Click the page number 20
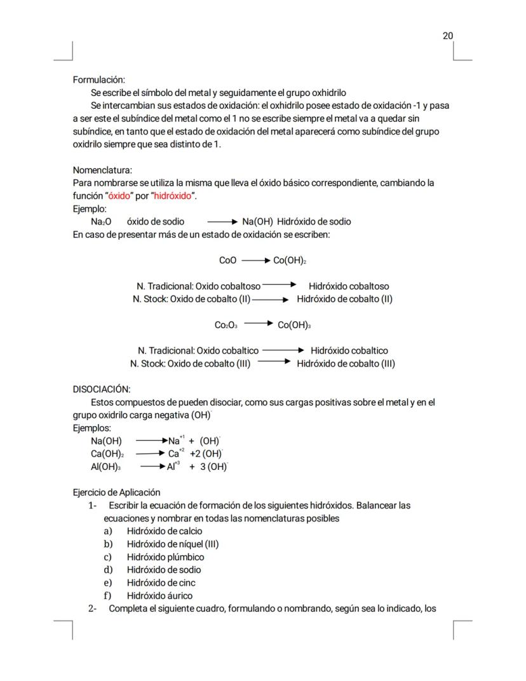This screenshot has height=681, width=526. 448,36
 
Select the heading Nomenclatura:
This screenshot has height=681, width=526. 102,170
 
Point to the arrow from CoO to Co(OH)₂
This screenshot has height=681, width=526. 255,261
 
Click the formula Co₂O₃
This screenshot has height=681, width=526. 226,325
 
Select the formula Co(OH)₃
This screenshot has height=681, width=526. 294,325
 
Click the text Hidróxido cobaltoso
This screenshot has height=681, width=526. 349,287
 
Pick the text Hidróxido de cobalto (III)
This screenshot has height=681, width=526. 346,364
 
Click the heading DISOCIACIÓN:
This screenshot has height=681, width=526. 102,389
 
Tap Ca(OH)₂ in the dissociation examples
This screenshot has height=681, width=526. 107,453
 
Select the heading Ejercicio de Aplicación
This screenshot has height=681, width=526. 117,492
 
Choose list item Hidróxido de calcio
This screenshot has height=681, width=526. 164,531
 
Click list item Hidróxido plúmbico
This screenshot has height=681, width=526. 165,557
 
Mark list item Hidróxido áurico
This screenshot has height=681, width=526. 159,596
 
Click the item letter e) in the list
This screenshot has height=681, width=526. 108,582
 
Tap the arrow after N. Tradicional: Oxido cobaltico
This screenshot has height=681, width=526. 283,350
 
